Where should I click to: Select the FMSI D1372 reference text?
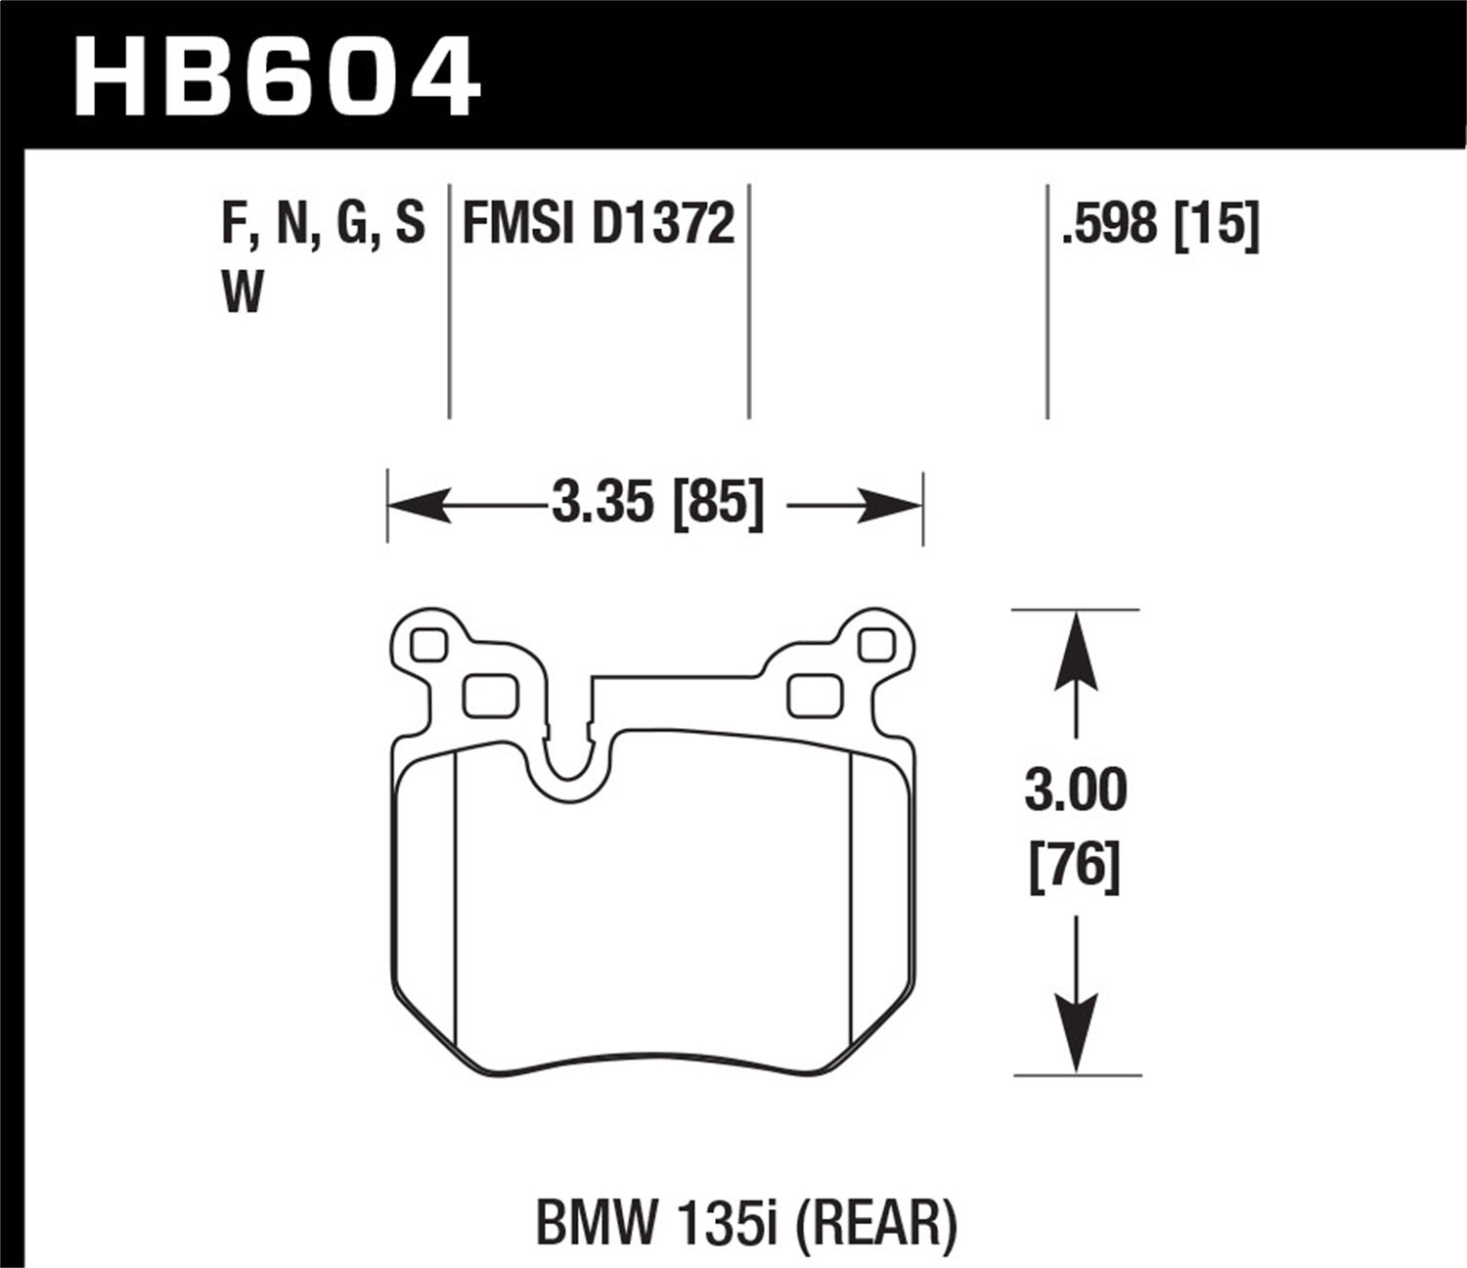[x=598, y=224]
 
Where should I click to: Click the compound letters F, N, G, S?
[x=324, y=224]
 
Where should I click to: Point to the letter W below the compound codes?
[x=243, y=292]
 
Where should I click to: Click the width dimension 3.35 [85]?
[x=656, y=505]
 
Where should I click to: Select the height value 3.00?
[x=1076, y=791]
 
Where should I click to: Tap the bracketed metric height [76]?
[x=1076, y=866]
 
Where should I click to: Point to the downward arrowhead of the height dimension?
[x=1076, y=1043]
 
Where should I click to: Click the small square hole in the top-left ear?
[x=429, y=645]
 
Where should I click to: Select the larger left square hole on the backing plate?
[x=489, y=696]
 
